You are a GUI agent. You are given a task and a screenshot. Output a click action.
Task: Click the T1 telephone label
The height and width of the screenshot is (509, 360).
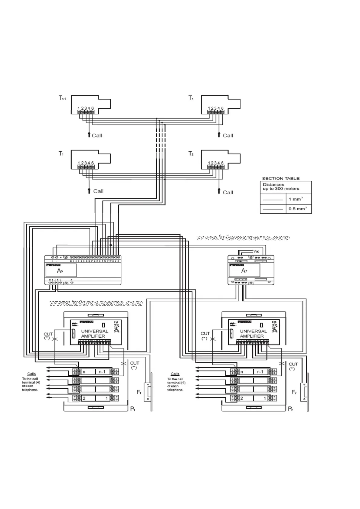[61, 154]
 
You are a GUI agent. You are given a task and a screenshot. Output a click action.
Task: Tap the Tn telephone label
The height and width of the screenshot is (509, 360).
[191, 98]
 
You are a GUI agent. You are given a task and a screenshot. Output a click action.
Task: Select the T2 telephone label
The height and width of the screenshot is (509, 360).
[191, 154]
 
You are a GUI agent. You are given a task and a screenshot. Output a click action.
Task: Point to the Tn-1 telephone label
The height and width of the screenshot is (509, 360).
[62, 98]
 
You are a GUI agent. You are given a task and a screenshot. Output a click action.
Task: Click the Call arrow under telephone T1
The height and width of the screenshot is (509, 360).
[89, 190]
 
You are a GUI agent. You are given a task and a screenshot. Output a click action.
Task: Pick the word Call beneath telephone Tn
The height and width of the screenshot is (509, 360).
[228, 135]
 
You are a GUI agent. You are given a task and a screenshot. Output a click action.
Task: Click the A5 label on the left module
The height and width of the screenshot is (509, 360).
[60, 271]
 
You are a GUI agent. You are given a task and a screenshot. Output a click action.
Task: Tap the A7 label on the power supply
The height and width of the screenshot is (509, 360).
[244, 271]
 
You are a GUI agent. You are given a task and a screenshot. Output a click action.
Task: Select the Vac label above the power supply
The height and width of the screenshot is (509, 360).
[256, 251]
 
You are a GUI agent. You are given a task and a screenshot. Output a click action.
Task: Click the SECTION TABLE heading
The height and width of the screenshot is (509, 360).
[281, 178]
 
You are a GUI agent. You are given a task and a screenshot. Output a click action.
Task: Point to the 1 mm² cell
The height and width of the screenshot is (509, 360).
[296, 199]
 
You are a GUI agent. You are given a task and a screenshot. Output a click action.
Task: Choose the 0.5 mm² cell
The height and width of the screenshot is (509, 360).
[296, 209]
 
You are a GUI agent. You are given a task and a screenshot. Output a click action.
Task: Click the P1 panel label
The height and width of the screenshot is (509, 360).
[133, 409]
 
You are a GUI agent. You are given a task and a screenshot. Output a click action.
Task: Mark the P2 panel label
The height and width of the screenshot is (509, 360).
[290, 409]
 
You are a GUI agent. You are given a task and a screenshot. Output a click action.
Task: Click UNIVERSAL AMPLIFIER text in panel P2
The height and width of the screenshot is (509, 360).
[253, 333]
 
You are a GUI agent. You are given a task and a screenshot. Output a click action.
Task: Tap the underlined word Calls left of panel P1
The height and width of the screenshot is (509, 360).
[31, 374]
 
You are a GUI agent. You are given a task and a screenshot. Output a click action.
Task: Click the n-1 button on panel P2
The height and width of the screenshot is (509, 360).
[260, 372]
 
